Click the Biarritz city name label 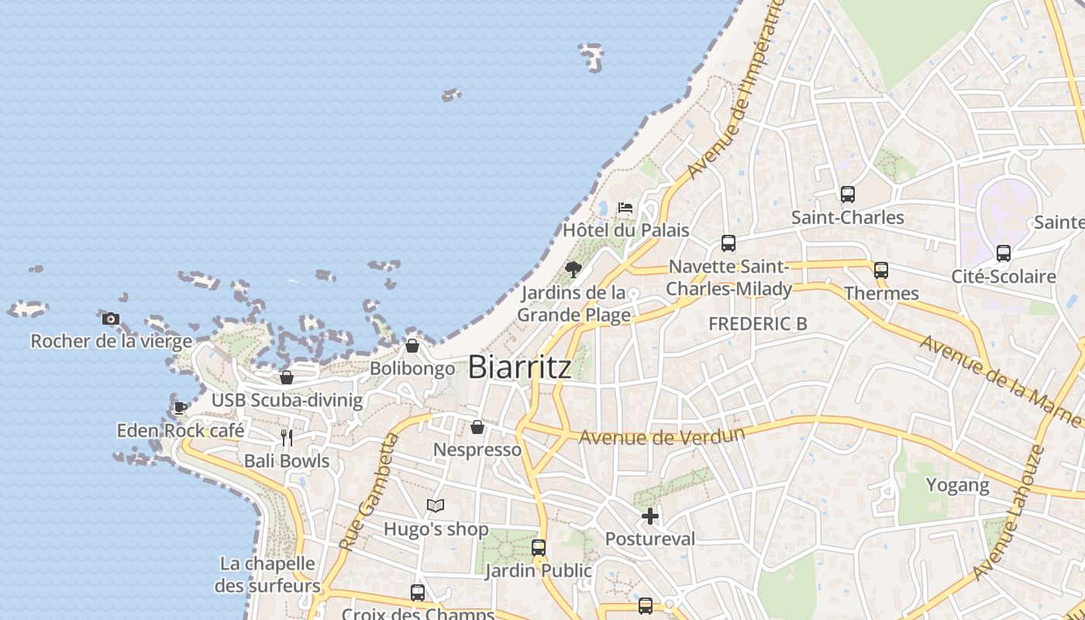click(x=520, y=367)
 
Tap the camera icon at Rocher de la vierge click(x=111, y=319)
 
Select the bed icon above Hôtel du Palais click(x=625, y=208)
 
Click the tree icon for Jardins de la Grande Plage click(x=573, y=270)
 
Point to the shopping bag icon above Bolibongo click(x=412, y=346)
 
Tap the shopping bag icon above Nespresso click(x=477, y=427)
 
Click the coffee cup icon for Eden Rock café click(x=180, y=408)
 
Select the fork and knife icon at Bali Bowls click(x=287, y=438)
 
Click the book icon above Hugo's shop click(x=436, y=506)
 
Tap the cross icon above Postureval click(x=650, y=516)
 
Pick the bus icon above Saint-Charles click(x=847, y=195)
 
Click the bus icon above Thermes click(x=880, y=270)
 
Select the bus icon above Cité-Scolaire click(x=1003, y=253)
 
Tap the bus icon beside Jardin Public click(x=539, y=548)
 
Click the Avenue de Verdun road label click(x=662, y=436)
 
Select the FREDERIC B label click(x=757, y=324)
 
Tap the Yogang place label click(x=958, y=486)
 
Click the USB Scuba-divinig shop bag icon click(x=287, y=377)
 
